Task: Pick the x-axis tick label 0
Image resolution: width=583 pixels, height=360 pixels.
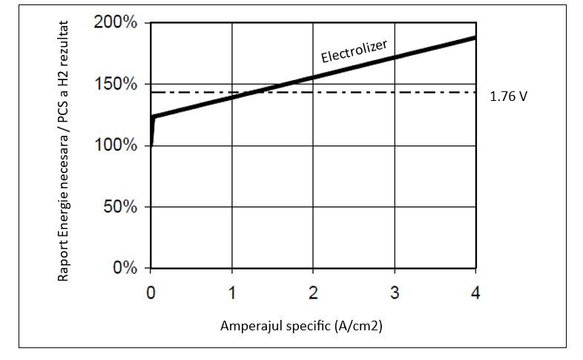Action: [x=151, y=292]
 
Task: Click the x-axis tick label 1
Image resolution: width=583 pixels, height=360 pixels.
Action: [x=232, y=292]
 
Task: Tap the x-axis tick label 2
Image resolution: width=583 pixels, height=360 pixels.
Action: [x=313, y=292]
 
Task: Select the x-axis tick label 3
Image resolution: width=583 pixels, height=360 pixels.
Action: [x=395, y=292]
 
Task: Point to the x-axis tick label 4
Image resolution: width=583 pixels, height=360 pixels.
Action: [x=475, y=292]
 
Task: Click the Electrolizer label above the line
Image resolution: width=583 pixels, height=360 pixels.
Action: [x=355, y=51]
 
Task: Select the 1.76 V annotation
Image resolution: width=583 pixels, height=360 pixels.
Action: [x=509, y=96]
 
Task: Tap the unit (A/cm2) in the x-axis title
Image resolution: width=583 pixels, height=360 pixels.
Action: [x=358, y=326]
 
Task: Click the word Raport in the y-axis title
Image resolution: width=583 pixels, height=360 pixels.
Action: [x=65, y=264]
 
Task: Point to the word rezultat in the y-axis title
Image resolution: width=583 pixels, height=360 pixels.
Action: [x=65, y=44]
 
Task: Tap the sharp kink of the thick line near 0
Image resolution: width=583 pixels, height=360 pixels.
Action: [x=153, y=117]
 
